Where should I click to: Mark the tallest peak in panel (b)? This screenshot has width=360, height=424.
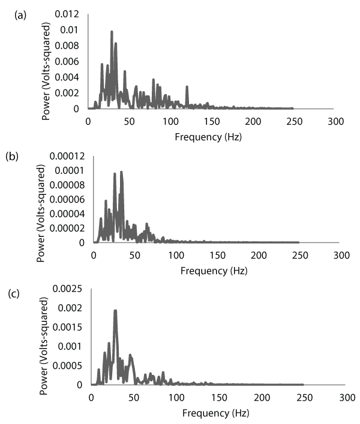tap(121, 172)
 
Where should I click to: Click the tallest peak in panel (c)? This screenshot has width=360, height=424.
tap(115, 311)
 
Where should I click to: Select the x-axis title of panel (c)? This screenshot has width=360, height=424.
tap(215, 413)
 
